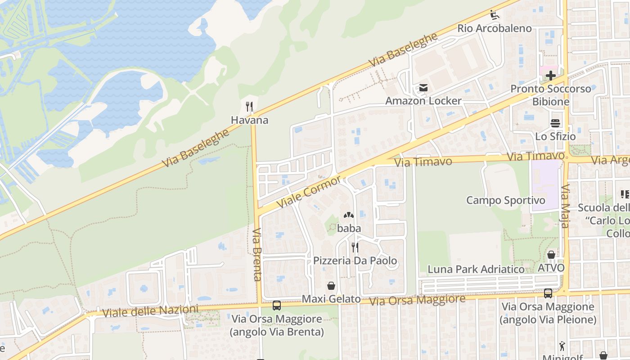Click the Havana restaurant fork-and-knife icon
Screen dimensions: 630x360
250,107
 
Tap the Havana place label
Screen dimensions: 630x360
249,120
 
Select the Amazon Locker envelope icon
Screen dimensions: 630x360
423,88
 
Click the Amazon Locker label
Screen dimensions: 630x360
423,101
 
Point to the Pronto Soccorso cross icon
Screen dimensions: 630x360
551,76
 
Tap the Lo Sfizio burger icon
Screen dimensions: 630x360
555,123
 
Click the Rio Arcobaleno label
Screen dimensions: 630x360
495,28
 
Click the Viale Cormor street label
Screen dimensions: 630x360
309,192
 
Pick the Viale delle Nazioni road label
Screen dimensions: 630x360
150,311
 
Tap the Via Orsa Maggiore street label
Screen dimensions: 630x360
417,299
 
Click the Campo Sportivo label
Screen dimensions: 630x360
506,200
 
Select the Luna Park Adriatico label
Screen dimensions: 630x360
476,270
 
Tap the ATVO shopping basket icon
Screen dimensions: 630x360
551,255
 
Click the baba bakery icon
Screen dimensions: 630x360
349,216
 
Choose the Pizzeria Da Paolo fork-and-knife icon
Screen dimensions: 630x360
355,247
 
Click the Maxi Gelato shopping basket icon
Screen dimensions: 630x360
331,286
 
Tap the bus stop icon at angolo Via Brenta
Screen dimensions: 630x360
277,306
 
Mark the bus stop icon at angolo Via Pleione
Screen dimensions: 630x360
548,293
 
